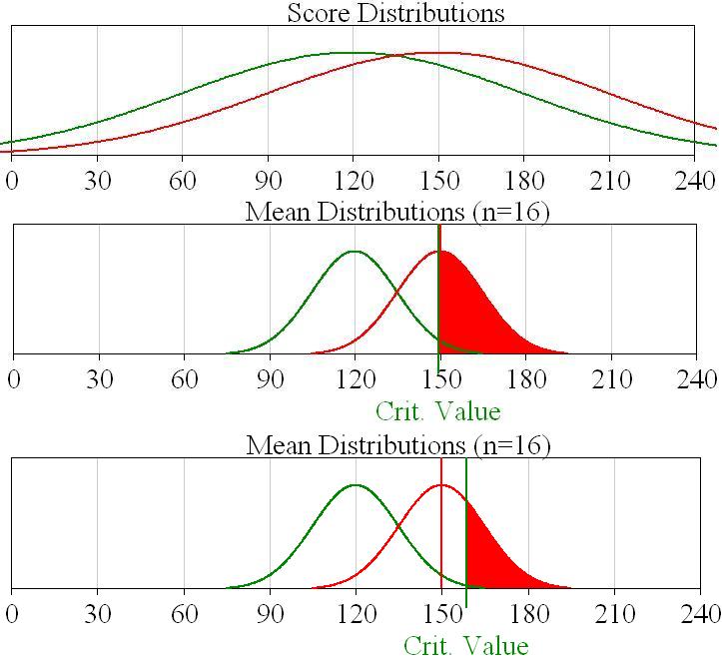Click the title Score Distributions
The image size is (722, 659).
pos(395,13)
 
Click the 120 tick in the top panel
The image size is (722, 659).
pos(354,181)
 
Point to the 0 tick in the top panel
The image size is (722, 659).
pos(12,181)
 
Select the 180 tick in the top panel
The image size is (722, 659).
pos(525,181)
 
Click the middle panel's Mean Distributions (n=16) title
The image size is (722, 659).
pos(397,212)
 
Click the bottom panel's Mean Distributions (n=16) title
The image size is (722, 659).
pos(398,444)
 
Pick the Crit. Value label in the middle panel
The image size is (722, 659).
pos(437,410)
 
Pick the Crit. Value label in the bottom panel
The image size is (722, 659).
pos(465,645)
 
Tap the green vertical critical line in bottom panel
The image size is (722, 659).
pos(466,519)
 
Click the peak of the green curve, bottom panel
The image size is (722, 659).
pos(356,485)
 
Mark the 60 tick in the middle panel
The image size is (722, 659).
pos(184,379)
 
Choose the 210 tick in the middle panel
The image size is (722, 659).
pos(611,379)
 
